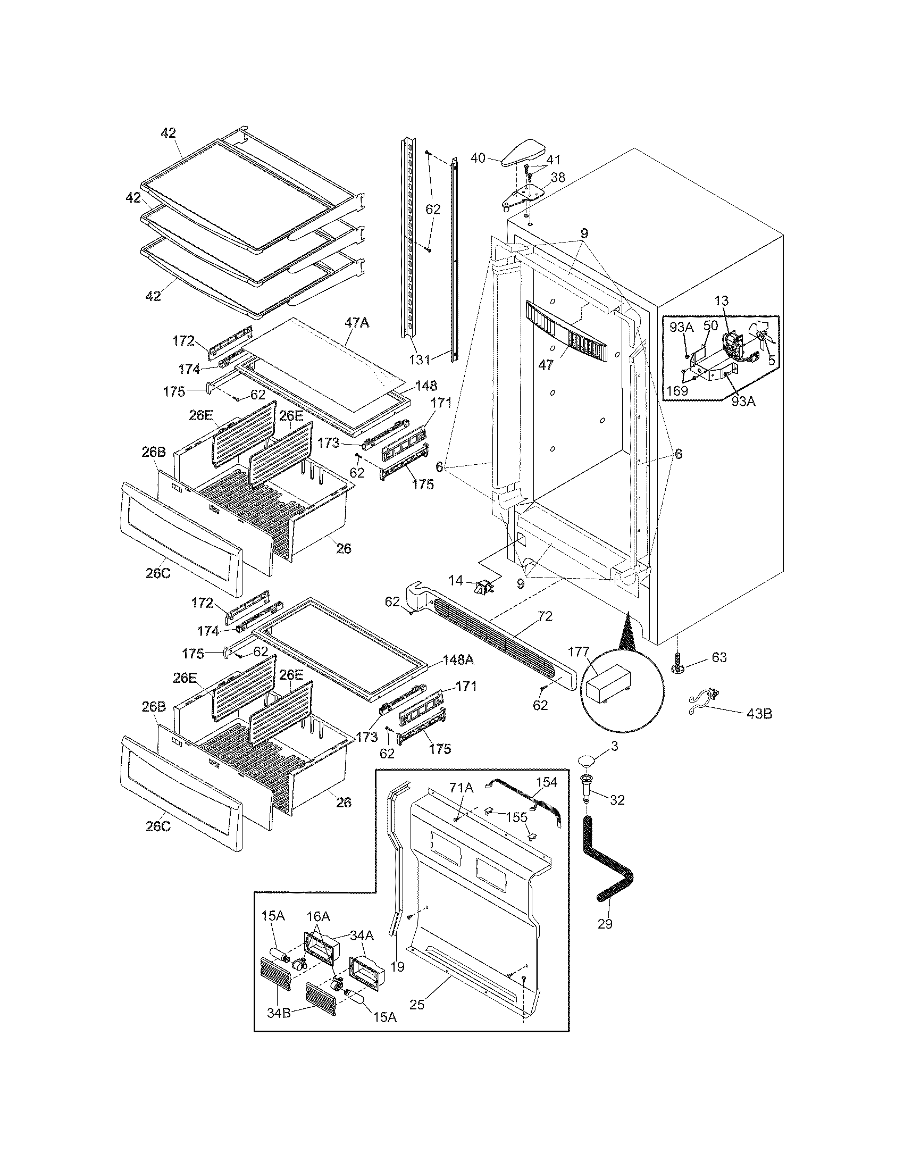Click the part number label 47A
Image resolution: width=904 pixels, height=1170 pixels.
tap(357, 323)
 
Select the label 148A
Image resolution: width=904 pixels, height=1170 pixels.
tap(458, 661)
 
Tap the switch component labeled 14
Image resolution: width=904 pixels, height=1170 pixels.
tap(482, 588)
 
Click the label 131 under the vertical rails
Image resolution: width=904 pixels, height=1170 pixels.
tap(420, 360)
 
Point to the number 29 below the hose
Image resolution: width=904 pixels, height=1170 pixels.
tap(605, 924)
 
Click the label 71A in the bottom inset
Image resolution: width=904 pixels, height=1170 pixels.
tap(461, 788)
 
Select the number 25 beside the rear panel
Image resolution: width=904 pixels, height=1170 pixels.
tap(417, 1005)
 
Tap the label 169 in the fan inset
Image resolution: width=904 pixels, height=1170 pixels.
tap(677, 390)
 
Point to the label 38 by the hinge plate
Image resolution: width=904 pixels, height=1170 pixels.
tap(558, 177)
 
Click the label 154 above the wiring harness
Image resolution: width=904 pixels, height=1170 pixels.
tap(547, 783)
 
